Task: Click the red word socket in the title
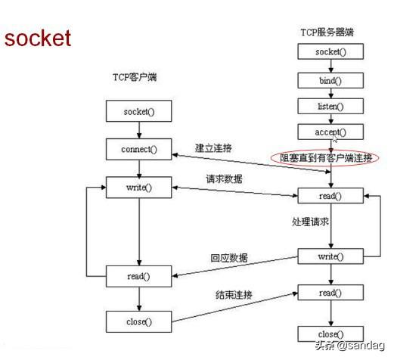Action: tap(37, 39)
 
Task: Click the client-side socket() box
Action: tap(138, 113)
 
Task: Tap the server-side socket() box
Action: tap(330, 52)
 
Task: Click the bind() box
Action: tap(330, 79)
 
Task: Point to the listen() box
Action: tap(330, 106)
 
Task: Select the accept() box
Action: tap(330, 132)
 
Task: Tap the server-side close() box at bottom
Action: tap(330, 334)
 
